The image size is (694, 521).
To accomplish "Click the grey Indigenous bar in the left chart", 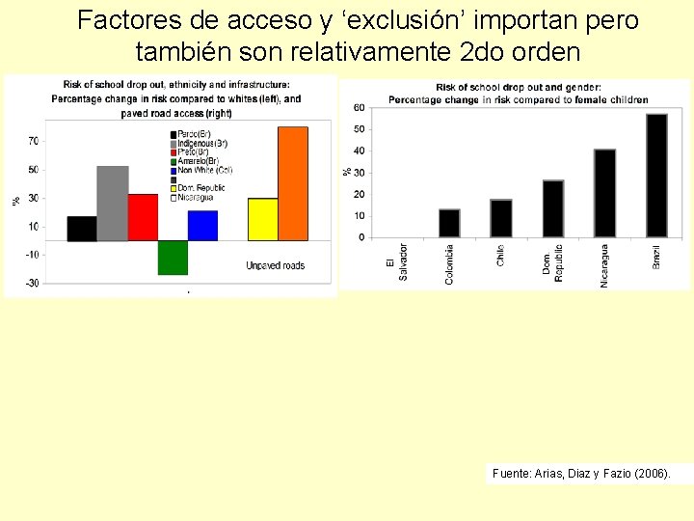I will [x=112, y=203].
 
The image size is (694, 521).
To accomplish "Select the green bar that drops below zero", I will [x=173, y=257].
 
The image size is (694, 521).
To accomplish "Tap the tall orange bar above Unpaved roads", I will [x=292, y=183].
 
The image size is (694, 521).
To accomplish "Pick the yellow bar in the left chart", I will [x=262, y=219].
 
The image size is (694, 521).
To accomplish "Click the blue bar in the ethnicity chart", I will [x=202, y=225].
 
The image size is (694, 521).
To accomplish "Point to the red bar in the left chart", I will [x=143, y=217].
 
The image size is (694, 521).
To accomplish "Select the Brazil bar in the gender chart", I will [x=656, y=176].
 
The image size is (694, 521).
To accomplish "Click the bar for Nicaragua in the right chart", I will [x=604, y=193].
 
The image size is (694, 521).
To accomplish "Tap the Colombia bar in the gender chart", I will [x=449, y=223].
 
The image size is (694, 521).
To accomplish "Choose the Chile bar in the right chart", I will [x=500, y=218].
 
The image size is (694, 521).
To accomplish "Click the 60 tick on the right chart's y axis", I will [x=359, y=107].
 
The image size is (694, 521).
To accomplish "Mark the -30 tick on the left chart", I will [x=33, y=283].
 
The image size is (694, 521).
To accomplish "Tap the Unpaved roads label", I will [x=275, y=265].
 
